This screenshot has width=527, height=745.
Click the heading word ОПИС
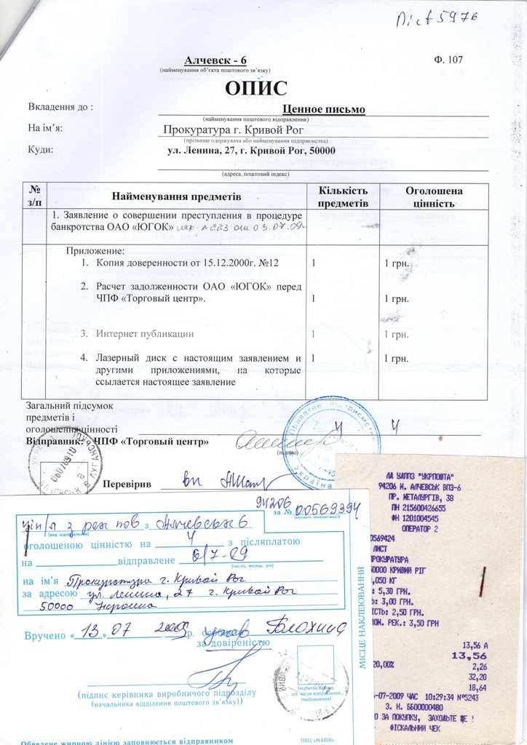256,89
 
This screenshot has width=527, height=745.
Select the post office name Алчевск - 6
215,59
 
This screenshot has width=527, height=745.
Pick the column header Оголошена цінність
434,196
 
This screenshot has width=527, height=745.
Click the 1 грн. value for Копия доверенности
397,263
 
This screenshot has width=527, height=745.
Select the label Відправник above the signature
53,442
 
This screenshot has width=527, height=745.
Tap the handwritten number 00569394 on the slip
324,510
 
